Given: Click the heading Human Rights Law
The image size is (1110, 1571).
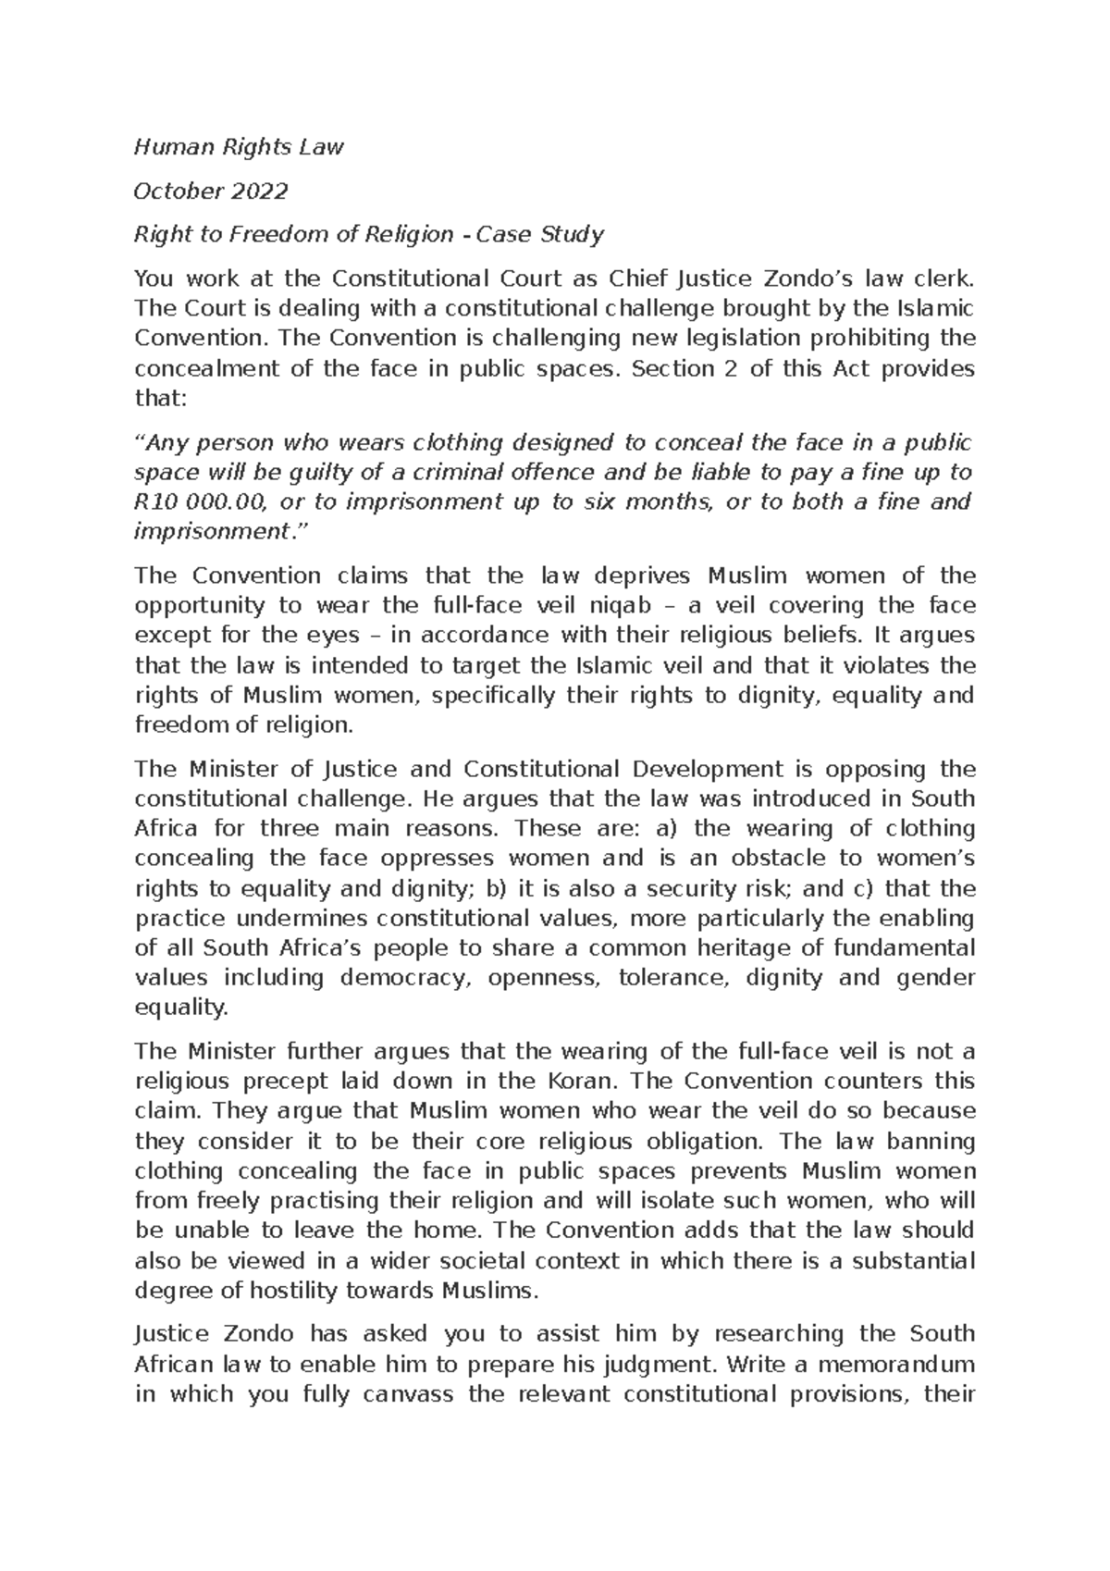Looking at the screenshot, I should [239, 147].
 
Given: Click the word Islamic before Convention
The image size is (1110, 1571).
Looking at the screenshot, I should [934, 308].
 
